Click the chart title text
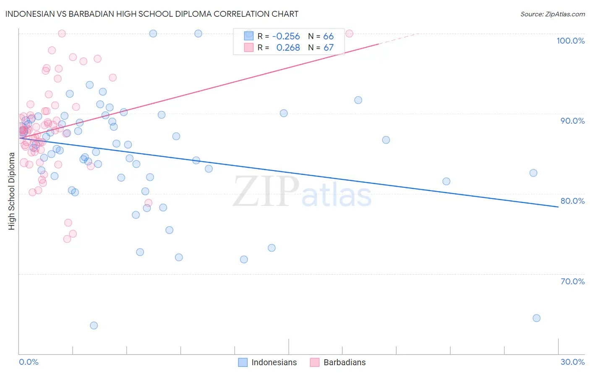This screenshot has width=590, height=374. pyautogui.click(x=152, y=14)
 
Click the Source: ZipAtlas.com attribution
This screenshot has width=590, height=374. pyautogui.click(x=552, y=14)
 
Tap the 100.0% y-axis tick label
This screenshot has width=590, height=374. pyautogui.click(x=570, y=41)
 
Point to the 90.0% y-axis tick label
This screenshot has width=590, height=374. pyautogui.click(x=572, y=121)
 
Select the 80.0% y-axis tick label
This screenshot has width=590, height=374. pyautogui.click(x=572, y=201)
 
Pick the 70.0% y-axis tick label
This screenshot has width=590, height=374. pyautogui.click(x=572, y=281)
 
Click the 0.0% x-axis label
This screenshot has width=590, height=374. pyautogui.click(x=29, y=362)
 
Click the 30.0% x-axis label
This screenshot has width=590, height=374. pyautogui.click(x=572, y=362)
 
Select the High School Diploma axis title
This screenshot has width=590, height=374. pyautogui.click(x=12, y=191)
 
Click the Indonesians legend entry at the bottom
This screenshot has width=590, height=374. pyautogui.click(x=274, y=362)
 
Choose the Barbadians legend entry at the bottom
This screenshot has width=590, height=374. pyautogui.click(x=344, y=362)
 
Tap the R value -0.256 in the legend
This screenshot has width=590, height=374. pyautogui.click(x=286, y=36)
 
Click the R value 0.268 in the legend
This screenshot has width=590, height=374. pyautogui.click(x=288, y=48)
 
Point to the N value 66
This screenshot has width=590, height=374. pyautogui.click(x=328, y=36)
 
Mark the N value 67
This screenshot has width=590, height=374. pyautogui.click(x=328, y=48)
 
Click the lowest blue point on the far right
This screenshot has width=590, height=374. pyautogui.click(x=536, y=318)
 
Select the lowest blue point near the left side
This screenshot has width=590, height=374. pyautogui.click(x=94, y=325)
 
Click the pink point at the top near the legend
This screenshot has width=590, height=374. pyautogui.click(x=349, y=34)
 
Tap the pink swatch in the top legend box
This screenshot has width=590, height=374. pyautogui.click(x=249, y=47)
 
